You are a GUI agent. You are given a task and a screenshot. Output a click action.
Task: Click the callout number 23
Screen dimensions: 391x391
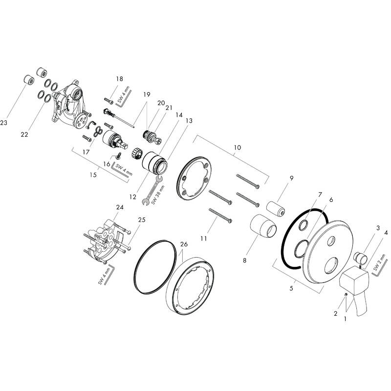(4, 124)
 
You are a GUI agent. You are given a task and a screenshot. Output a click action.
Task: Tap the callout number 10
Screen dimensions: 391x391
(237, 147)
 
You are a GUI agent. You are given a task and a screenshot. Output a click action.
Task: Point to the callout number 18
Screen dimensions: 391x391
(119, 79)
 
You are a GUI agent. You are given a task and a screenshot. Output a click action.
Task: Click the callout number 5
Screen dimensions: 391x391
(292, 289)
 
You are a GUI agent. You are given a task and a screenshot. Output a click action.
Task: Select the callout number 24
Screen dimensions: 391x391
(120, 207)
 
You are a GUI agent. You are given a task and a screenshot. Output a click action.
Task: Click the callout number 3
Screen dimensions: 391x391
(378, 228)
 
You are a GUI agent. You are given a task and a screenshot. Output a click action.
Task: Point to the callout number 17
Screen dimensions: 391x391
(87, 152)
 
